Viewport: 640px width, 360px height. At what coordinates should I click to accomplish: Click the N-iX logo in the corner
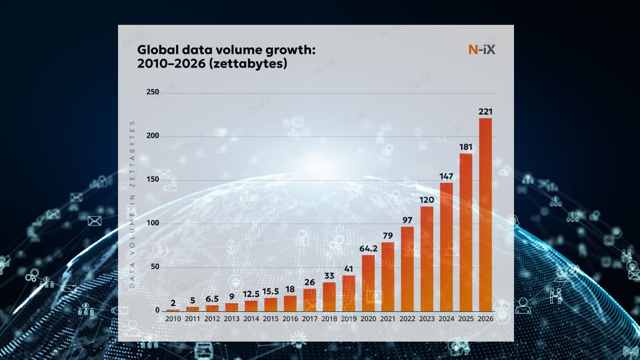(482, 50)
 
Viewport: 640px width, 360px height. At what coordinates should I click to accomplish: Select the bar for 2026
(485, 214)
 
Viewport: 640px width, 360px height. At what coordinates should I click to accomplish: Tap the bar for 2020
(368, 283)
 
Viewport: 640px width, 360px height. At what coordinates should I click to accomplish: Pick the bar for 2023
(427, 259)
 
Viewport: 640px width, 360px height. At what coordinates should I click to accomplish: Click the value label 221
(485, 112)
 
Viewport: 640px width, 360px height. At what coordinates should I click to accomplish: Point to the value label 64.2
(368, 249)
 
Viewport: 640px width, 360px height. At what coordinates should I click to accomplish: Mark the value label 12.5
(251, 294)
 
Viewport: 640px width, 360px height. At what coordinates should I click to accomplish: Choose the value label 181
(466, 147)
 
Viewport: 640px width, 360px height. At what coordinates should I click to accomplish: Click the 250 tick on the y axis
(152, 92)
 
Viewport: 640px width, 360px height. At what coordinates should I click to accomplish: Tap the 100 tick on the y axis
(152, 223)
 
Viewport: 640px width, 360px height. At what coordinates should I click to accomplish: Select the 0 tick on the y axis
(157, 310)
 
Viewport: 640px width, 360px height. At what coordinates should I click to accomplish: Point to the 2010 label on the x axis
(173, 319)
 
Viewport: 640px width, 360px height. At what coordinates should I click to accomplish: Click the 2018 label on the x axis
(329, 319)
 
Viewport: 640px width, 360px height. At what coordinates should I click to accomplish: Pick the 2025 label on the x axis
(466, 319)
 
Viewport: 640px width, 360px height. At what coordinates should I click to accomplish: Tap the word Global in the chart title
(158, 50)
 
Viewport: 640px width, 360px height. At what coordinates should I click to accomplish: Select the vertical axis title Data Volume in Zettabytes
(132, 204)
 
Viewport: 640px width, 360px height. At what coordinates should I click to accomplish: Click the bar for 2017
(310, 300)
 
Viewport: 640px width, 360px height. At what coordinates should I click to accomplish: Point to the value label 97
(407, 220)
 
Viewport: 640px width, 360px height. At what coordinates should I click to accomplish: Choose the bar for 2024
(446, 247)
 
